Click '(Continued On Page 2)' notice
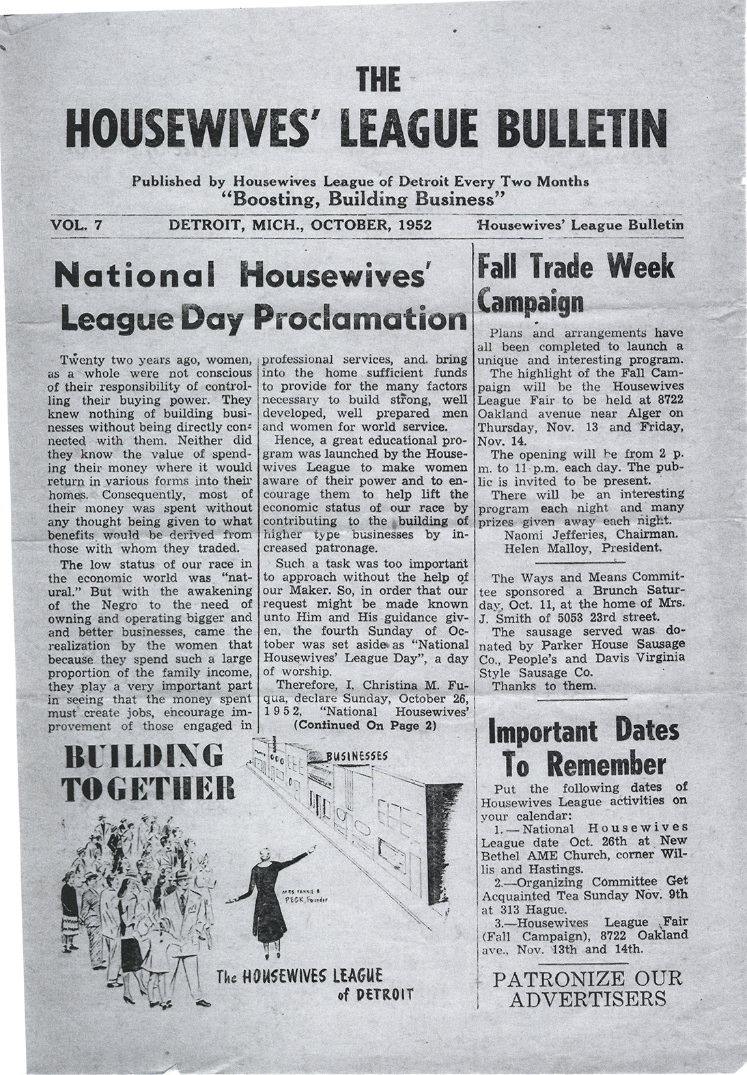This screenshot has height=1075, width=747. tap(364, 725)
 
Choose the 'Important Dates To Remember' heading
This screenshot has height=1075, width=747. tap(584, 748)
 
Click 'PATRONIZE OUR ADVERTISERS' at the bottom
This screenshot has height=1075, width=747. tap(587, 988)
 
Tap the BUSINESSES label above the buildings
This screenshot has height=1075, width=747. tap(358, 757)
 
